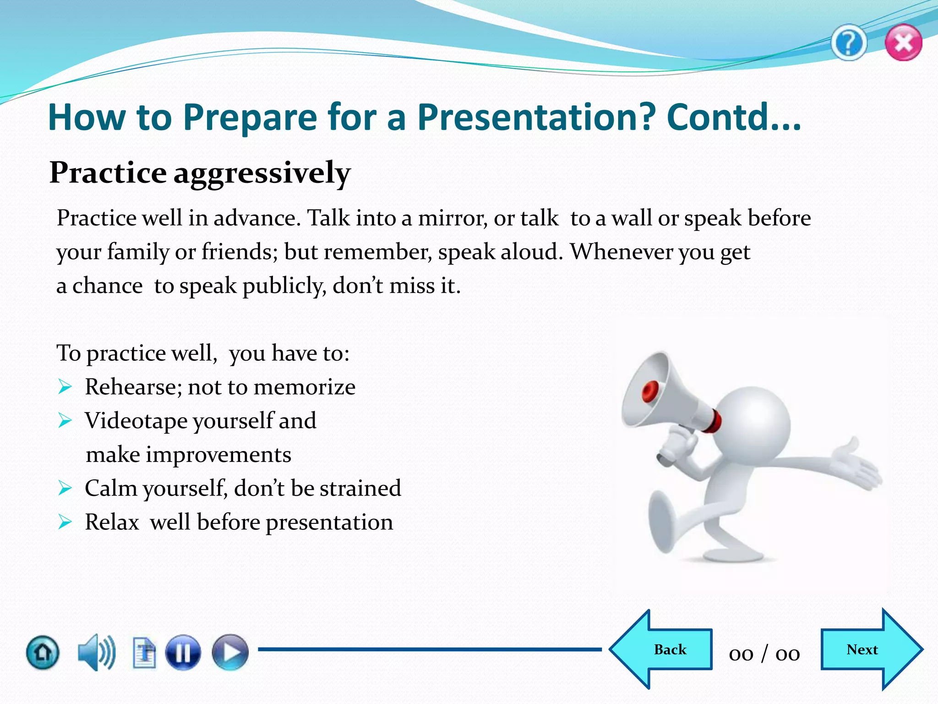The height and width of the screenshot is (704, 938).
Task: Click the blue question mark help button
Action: point(848,43)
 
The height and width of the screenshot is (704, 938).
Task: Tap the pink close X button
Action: point(903,43)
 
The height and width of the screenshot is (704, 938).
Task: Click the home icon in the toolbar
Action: point(43,652)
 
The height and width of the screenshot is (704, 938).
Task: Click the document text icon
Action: point(144,653)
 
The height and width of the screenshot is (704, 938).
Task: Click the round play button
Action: point(230,652)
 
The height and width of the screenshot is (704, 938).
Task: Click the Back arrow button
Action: point(662,649)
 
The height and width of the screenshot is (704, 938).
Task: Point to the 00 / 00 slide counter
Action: point(764,654)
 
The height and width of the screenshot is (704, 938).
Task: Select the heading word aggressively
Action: point(262,173)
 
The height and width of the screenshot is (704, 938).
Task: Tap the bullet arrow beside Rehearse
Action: point(65,387)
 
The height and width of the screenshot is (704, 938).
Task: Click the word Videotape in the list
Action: point(136,421)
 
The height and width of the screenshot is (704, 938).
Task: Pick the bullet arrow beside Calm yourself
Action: point(65,489)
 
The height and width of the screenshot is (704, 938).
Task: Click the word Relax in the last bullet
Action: point(112,522)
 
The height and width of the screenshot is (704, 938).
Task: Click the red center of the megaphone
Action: point(650,391)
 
